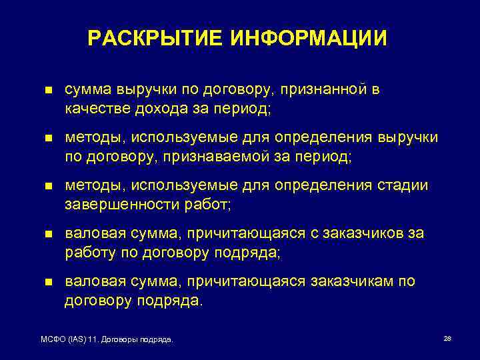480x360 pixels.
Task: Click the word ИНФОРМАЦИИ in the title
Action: (309, 38)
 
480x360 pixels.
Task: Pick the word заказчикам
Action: (354, 281)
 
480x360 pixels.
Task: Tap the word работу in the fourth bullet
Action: (87, 251)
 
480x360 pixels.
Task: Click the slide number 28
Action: (447, 339)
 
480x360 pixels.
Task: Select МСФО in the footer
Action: (53, 340)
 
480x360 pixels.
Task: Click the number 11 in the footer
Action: (93, 340)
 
